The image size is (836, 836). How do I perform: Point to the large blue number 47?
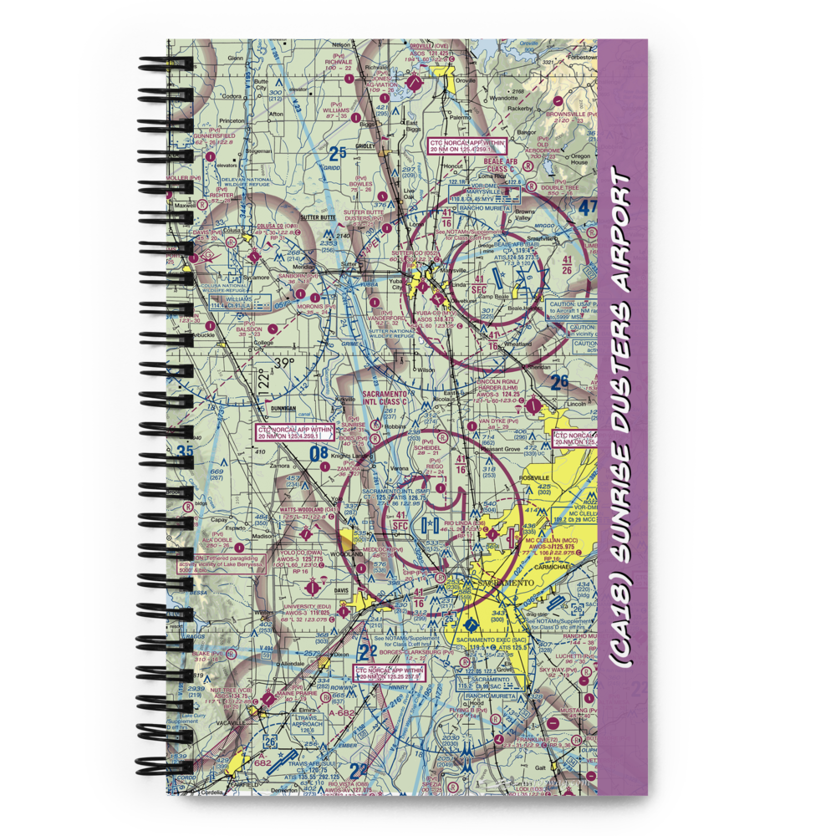[x=588, y=207]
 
